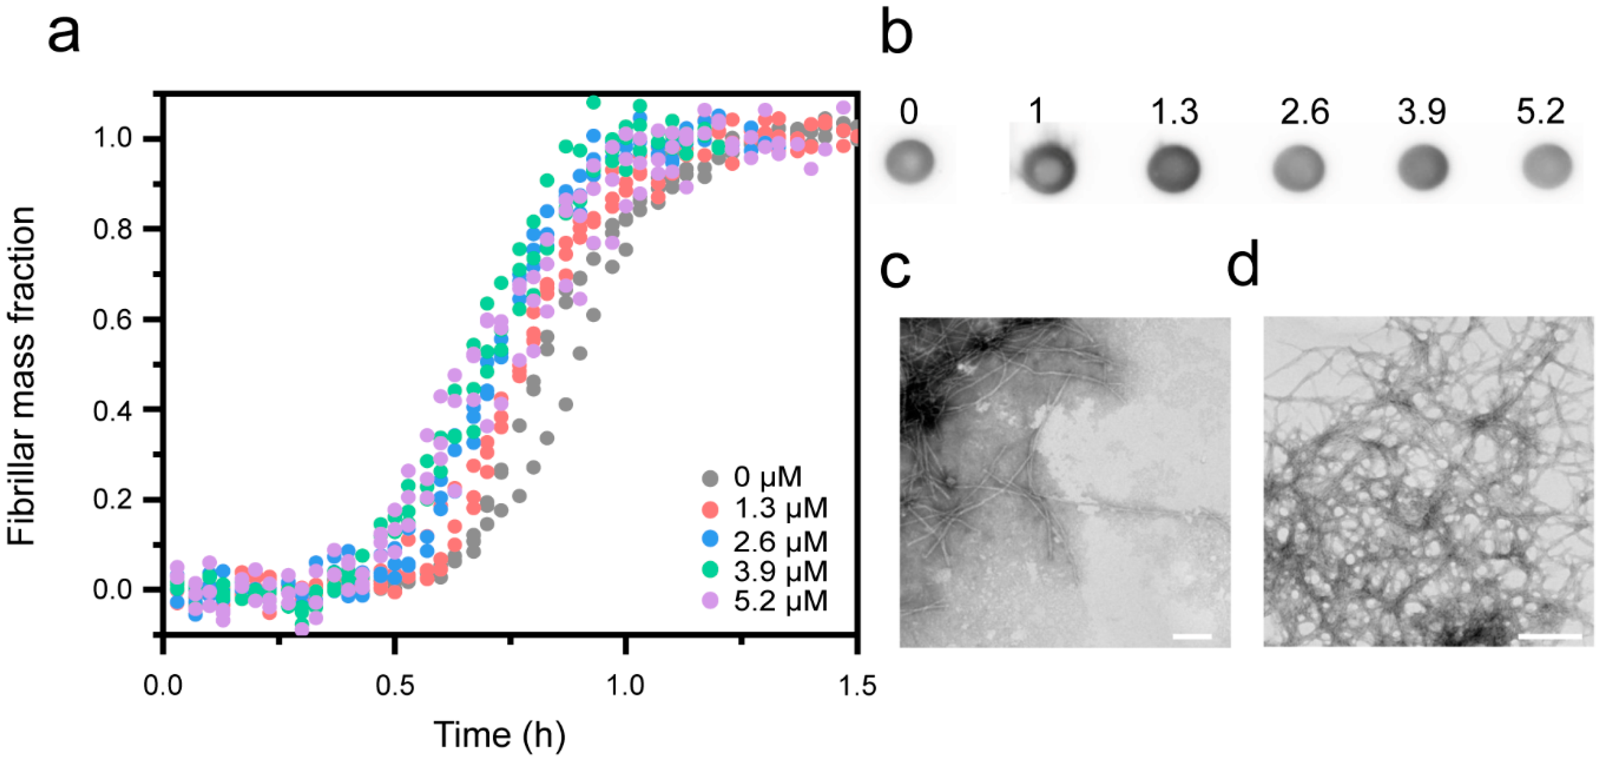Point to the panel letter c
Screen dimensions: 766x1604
point(895,271)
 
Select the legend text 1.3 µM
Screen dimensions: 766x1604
point(780,509)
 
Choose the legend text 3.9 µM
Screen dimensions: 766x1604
point(780,571)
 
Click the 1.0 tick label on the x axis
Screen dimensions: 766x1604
point(625,687)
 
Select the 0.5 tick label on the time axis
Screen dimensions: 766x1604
point(394,687)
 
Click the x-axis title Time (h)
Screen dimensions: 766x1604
point(499,735)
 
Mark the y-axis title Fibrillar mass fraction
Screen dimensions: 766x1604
point(21,376)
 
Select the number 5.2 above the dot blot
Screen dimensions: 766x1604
point(1540,112)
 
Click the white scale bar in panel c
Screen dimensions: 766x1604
point(1192,636)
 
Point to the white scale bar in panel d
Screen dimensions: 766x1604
point(1550,636)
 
